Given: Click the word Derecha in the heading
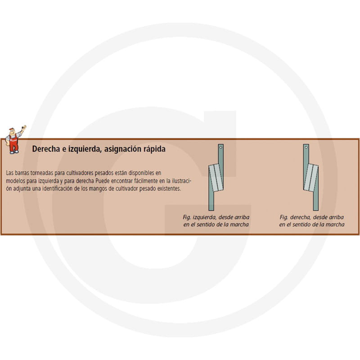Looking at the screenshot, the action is tap(46, 149).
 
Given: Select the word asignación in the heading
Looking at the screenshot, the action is tap(122, 149).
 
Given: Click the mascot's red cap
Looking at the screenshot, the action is tap(12, 129).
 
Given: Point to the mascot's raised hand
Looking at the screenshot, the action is tap(24, 127).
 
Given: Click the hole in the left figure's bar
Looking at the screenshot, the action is tap(220, 147).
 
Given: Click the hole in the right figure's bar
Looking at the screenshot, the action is tap(306, 147).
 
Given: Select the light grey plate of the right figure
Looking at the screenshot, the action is tap(311, 178).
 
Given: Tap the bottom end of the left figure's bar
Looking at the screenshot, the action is tap(211, 210).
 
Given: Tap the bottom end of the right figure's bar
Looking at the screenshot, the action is tap(316, 210).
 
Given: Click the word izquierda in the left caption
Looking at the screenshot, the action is tap(204, 217).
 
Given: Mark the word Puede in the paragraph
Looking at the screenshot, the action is tap(103, 181).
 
